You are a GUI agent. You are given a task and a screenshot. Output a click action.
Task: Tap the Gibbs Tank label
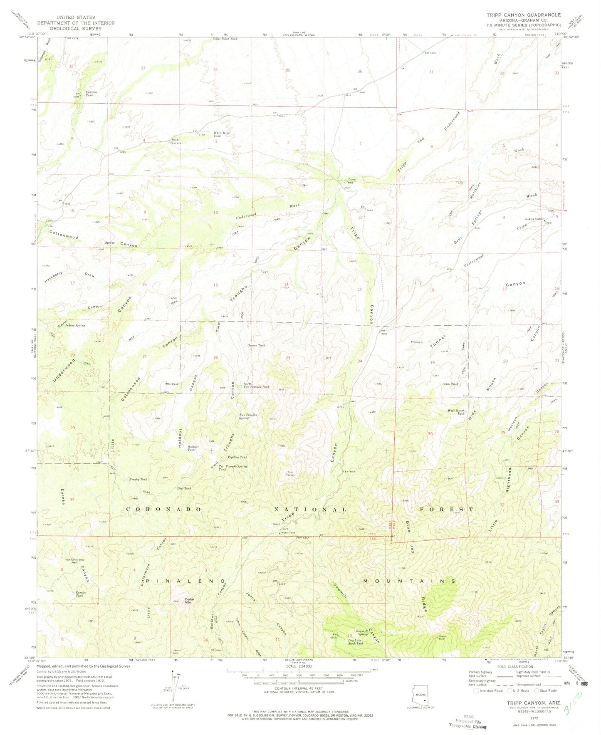(x=450, y=384)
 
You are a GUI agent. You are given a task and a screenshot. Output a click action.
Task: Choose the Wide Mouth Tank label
(x=456, y=412)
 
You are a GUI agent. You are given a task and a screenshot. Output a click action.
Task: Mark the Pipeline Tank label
(x=237, y=457)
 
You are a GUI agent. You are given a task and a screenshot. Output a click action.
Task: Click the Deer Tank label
(x=184, y=488)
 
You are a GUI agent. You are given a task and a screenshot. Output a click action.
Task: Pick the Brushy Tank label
(x=138, y=479)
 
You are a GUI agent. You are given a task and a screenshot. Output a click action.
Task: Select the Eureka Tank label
(x=79, y=594)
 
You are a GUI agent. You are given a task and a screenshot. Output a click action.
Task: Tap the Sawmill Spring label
(x=359, y=633)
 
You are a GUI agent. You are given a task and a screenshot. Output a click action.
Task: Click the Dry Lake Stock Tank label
(x=356, y=642)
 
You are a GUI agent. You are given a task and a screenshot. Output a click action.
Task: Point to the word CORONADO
(x=164, y=509)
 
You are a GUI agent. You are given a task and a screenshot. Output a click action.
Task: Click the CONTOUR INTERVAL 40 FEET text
(x=298, y=700)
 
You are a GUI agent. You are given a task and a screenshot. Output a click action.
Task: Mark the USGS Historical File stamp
(x=467, y=723)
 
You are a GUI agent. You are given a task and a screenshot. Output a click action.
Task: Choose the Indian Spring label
(x=75, y=325)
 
